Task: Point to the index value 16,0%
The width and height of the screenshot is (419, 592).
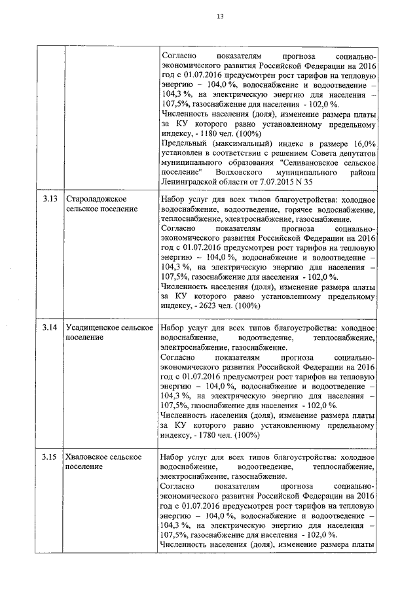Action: (362, 144)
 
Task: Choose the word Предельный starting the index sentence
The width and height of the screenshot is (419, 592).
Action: (183, 144)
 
